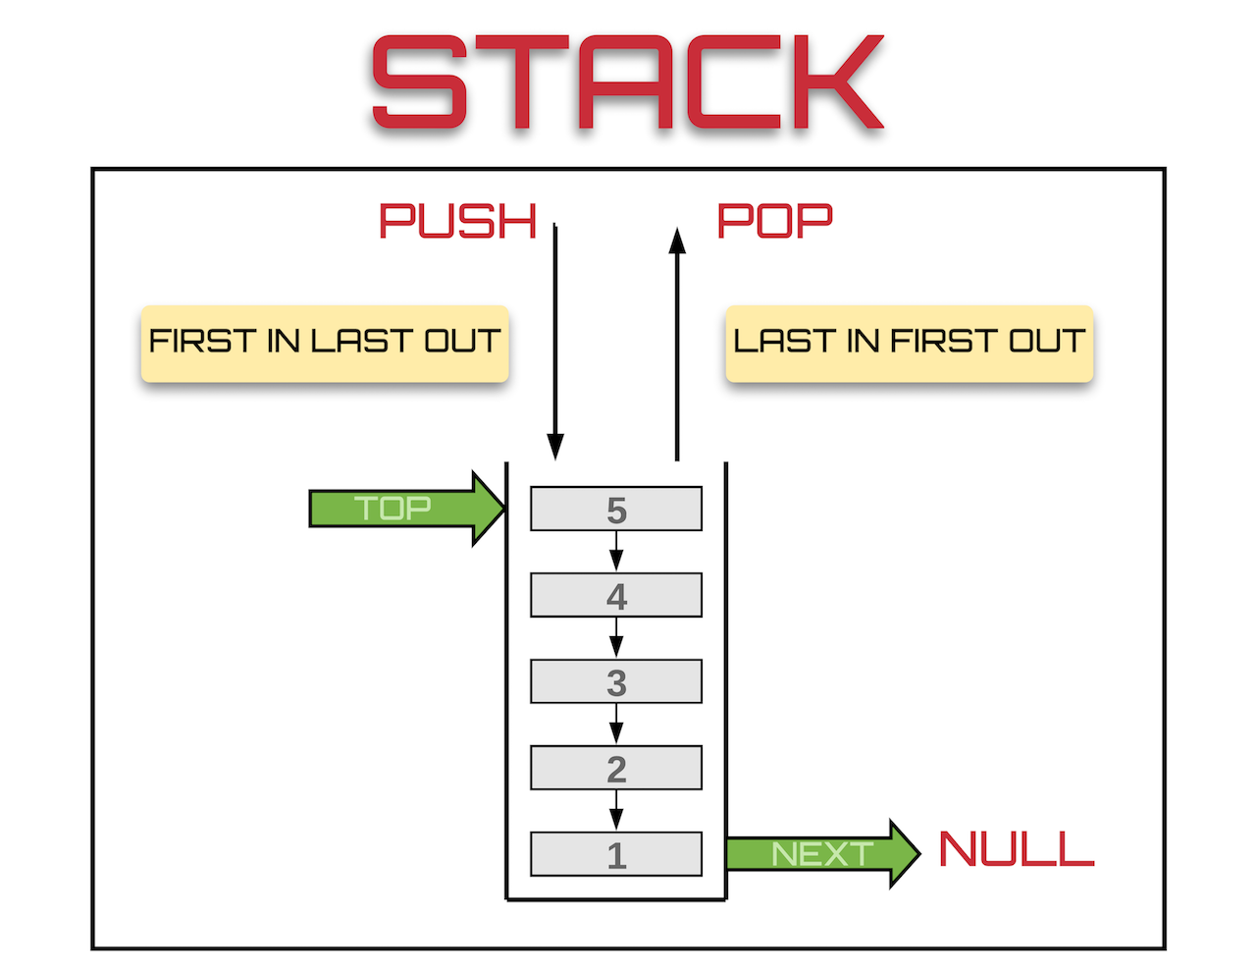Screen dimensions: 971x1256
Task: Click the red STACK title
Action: coord(628,82)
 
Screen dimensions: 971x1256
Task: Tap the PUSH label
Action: coord(458,222)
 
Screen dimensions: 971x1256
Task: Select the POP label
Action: coord(775,222)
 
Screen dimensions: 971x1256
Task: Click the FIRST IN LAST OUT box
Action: coord(325,343)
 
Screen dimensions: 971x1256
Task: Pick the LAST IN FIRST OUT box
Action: coord(909,343)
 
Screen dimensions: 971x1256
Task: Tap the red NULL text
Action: coord(1016,850)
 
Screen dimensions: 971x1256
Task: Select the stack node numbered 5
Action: coord(616,509)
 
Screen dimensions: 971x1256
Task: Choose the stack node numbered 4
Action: coord(616,595)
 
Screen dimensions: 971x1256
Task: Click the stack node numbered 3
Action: coord(616,681)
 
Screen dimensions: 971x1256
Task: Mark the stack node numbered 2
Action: coord(616,768)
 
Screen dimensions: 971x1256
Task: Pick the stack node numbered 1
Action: coord(616,854)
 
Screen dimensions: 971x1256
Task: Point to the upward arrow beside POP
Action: coord(677,344)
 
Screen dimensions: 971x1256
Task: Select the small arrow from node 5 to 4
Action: coord(616,552)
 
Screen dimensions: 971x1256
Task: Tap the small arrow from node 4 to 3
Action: coord(616,638)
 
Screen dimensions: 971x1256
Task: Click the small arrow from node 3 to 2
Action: coord(616,725)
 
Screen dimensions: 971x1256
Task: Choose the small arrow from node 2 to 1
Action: coord(616,811)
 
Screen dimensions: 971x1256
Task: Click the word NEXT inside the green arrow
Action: coord(822,854)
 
